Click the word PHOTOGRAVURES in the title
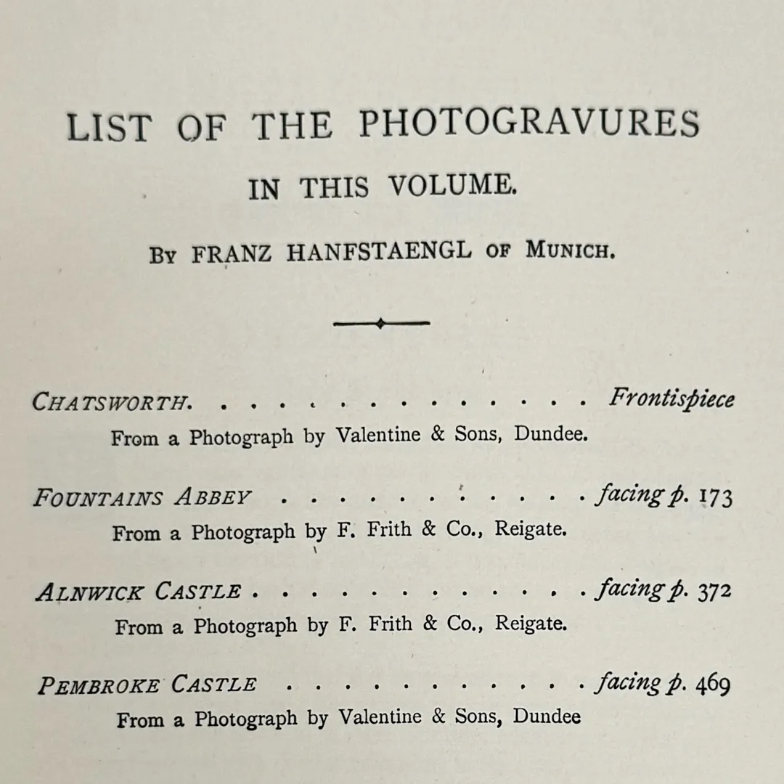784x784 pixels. tap(529, 125)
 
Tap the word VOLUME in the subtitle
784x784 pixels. tap(452, 187)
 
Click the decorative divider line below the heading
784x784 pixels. tap(381, 324)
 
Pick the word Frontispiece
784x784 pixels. tap(671, 399)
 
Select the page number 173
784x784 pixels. tap(715, 499)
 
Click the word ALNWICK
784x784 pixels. tap(89, 592)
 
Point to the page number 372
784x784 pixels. tap(715, 592)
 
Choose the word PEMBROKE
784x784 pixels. tap(98, 686)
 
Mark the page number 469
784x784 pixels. tap(713, 685)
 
